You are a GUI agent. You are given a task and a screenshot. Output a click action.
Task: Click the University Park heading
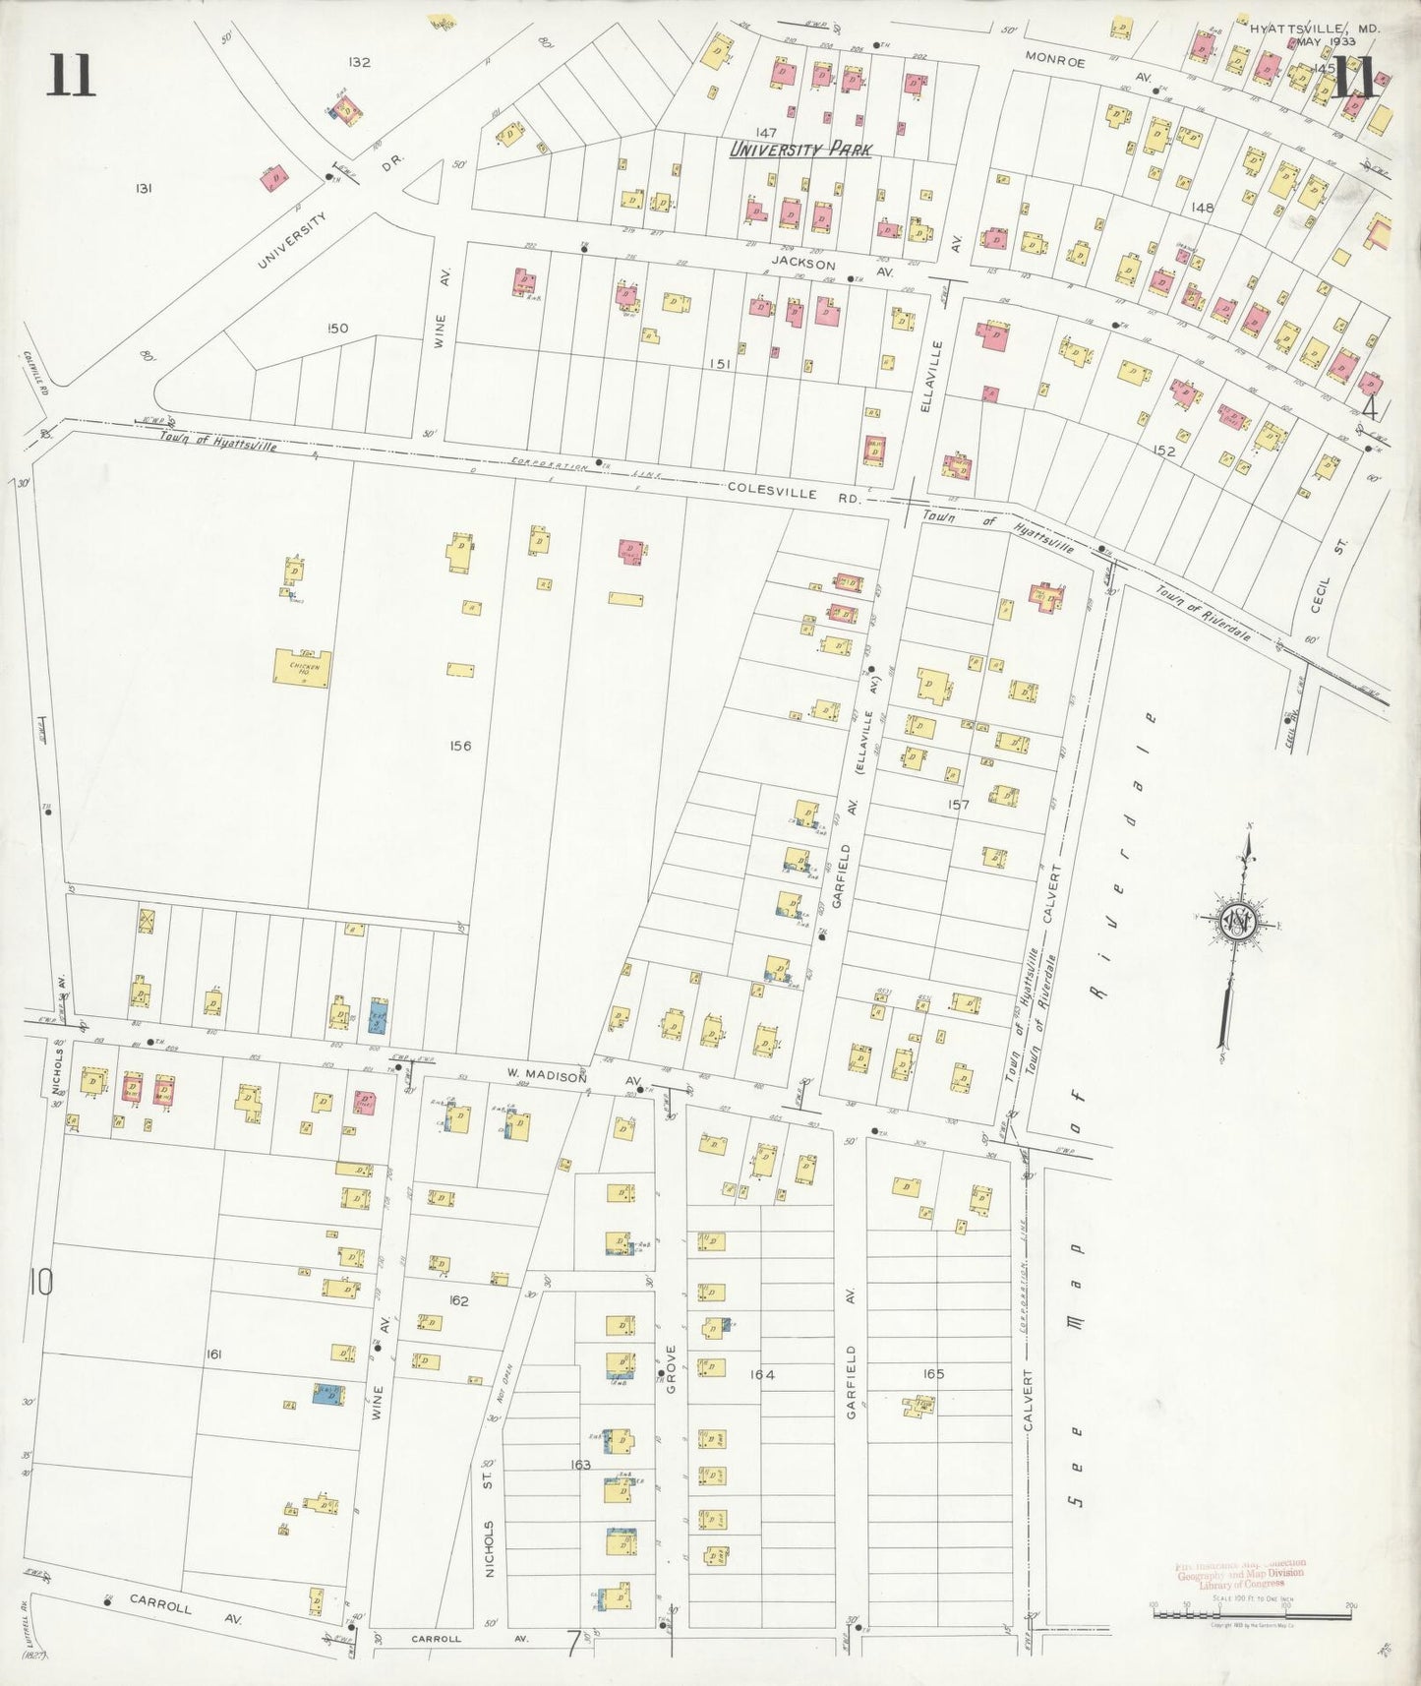(x=800, y=150)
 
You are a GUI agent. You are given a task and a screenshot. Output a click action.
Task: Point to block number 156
(x=459, y=746)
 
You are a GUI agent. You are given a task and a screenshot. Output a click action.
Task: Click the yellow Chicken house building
(x=302, y=668)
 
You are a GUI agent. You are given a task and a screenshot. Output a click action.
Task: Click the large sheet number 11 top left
(x=71, y=77)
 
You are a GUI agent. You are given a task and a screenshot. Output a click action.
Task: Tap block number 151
(x=721, y=364)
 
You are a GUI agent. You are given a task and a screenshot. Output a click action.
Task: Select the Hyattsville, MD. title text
(x=1315, y=30)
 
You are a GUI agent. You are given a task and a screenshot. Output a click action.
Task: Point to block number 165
(x=933, y=1374)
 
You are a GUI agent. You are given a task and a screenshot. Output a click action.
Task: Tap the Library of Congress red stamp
(x=1240, y=1574)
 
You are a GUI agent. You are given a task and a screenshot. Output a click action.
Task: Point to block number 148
(x=1202, y=208)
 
